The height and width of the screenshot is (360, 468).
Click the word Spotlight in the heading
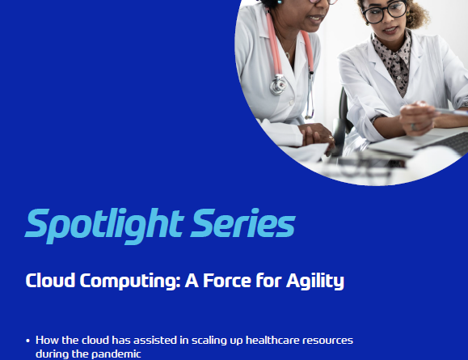104,226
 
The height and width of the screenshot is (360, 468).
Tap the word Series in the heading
243,222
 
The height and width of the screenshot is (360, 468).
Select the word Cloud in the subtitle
50,280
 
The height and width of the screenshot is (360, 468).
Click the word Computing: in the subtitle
130,282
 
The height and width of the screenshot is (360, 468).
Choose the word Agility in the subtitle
315,282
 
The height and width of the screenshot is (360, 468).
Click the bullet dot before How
28,341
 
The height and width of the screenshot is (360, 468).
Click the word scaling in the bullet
209,341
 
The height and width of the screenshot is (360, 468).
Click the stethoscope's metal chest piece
278,85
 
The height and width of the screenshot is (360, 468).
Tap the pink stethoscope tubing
274,44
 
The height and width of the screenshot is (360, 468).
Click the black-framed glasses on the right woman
385,12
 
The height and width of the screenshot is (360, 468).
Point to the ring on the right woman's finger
414,127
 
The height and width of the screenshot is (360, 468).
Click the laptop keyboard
445,142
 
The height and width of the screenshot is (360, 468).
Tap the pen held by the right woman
451,112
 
